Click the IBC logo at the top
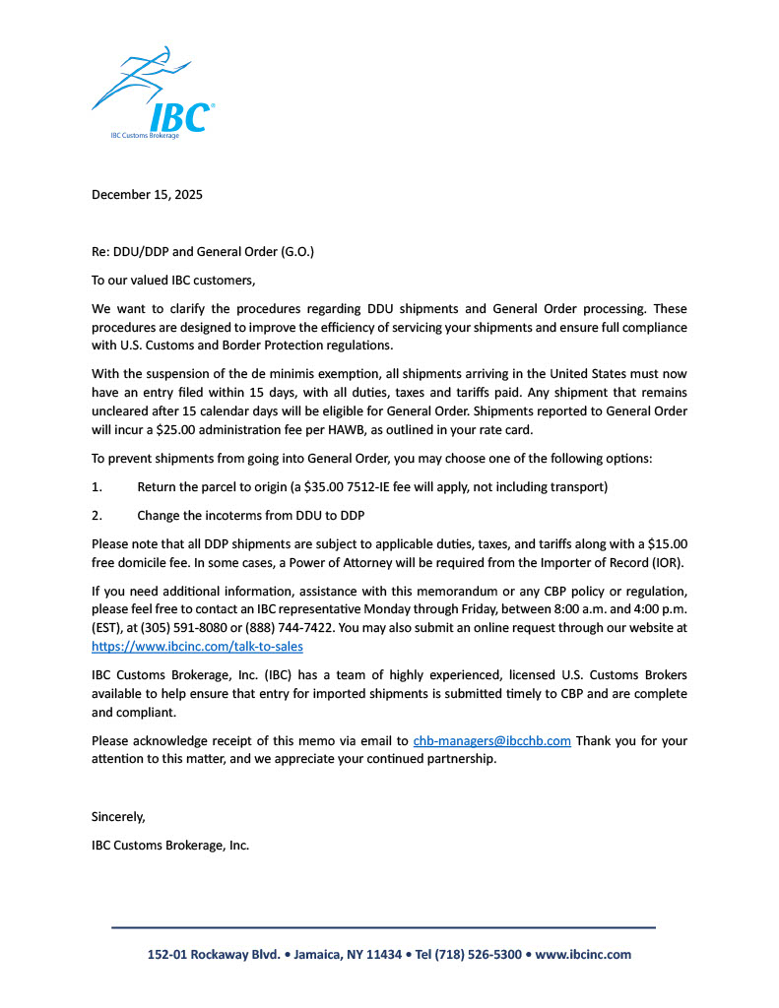tap(154, 94)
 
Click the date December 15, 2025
tap(147, 195)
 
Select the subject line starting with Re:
tap(203, 252)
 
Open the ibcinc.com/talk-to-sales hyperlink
tap(197, 647)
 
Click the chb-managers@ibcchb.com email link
tap(491, 741)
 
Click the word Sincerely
tap(118, 817)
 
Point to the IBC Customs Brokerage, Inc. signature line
tap(170, 846)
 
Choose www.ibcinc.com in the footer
tap(583, 955)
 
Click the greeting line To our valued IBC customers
tap(173, 281)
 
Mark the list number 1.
tap(97, 487)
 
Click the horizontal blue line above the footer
tap(383, 927)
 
